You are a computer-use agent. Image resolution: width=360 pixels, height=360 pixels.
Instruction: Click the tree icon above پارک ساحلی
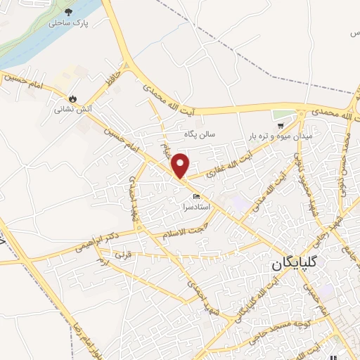[x=68, y=12]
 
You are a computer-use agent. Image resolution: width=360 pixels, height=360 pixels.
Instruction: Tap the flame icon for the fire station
[x=72, y=98]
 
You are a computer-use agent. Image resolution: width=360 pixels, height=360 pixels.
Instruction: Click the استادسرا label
[x=195, y=208]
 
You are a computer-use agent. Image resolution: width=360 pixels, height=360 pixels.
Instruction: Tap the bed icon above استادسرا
[x=196, y=196]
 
